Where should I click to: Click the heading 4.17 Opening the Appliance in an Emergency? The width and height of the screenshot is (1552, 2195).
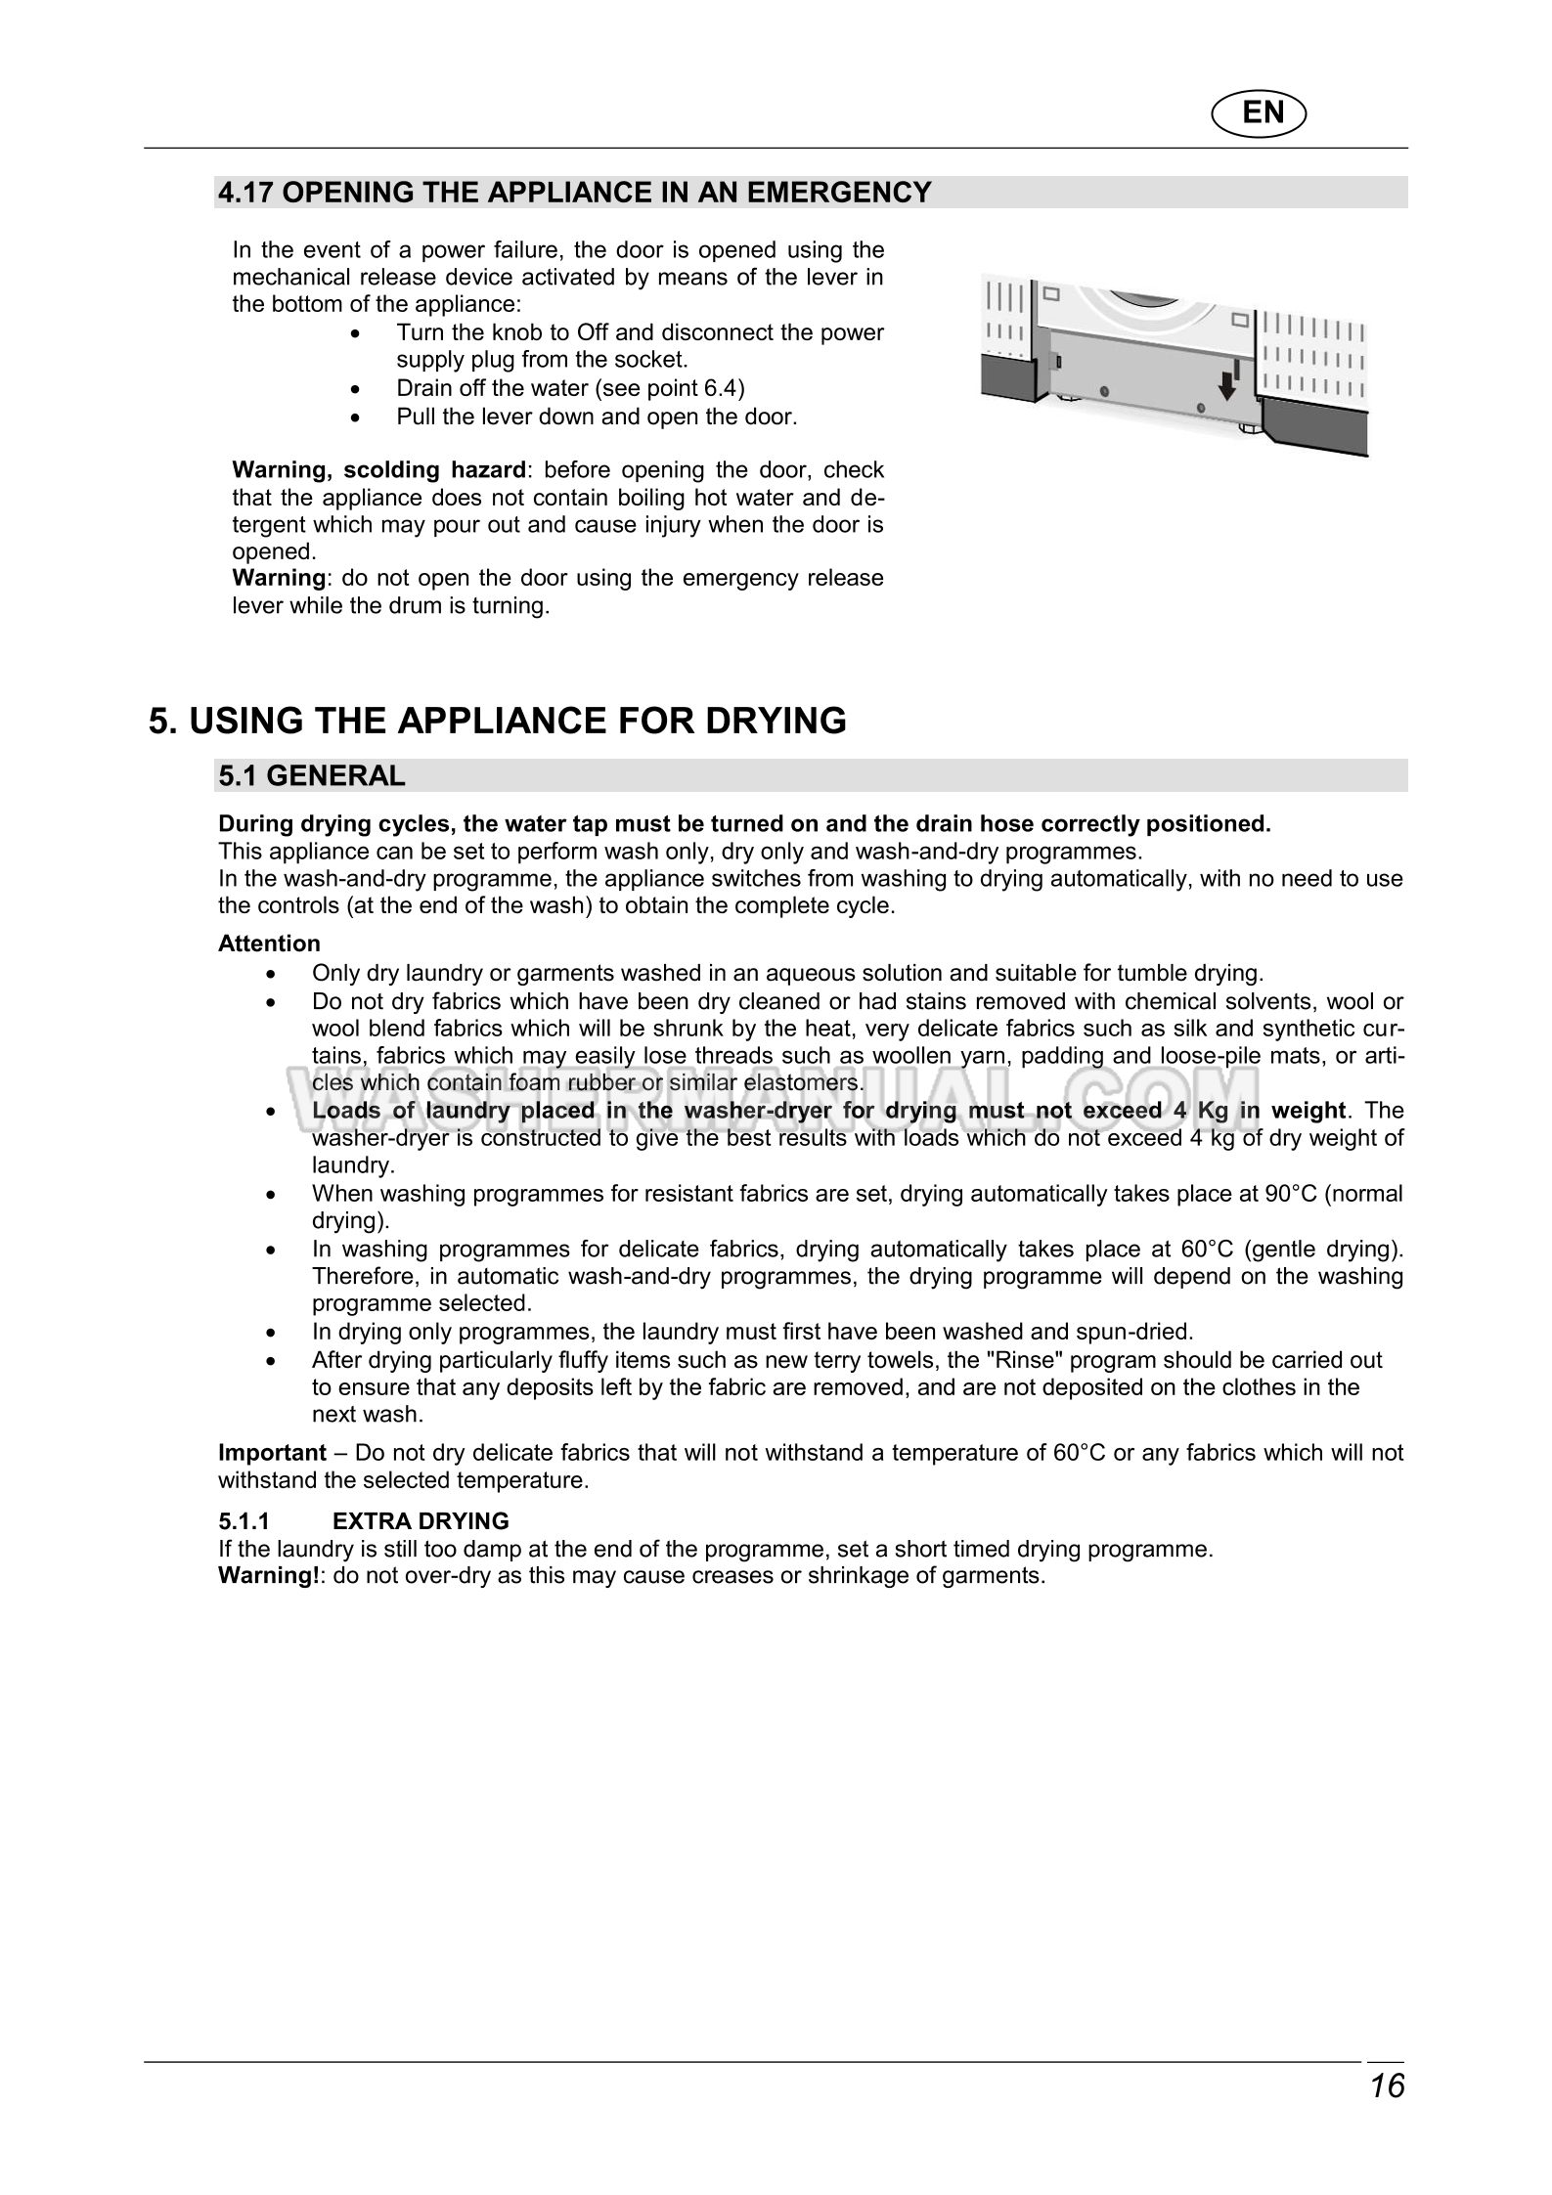click(575, 193)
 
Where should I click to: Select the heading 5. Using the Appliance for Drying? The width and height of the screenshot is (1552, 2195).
click(498, 721)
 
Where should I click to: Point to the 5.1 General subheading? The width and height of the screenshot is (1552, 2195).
click(311, 775)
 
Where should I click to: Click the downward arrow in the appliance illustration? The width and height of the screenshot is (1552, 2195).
click(1225, 388)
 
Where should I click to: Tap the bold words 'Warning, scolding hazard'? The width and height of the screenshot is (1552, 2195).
click(378, 470)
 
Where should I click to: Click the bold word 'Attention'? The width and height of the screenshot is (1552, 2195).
click(269, 944)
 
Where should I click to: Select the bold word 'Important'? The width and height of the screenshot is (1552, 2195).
click(272, 1453)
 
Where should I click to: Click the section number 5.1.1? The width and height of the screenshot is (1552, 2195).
click(244, 1521)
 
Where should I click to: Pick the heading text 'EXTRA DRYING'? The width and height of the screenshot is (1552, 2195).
click(421, 1521)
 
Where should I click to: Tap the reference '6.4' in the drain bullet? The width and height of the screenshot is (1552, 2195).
click(720, 389)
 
